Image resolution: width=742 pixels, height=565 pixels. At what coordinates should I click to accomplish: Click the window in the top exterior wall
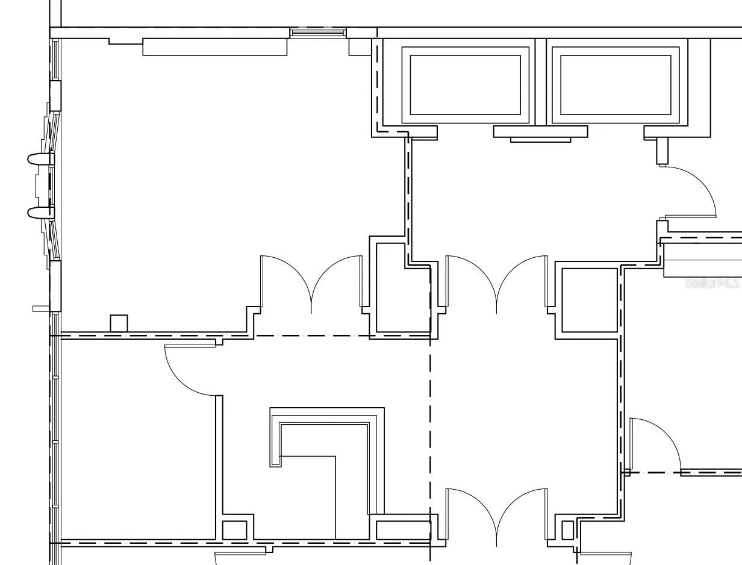click(x=318, y=33)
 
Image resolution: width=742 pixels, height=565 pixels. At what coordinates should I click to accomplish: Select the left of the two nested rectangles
click(x=465, y=85)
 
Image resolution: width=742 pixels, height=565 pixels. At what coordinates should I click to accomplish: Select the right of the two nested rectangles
click(x=616, y=85)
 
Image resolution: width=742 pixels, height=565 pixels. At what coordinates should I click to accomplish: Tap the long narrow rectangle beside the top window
click(x=215, y=47)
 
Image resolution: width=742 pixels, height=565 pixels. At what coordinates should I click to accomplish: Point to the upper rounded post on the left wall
click(x=40, y=159)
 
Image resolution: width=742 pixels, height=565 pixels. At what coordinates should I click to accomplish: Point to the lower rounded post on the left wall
click(x=40, y=213)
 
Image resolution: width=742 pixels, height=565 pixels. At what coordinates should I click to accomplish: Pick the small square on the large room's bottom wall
click(x=119, y=323)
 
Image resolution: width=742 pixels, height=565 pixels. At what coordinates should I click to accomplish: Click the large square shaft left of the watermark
click(x=590, y=300)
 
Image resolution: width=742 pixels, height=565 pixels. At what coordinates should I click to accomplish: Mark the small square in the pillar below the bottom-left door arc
click(x=235, y=530)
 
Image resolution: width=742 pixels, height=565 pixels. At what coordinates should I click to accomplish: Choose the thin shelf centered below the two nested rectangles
click(x=540, y=140)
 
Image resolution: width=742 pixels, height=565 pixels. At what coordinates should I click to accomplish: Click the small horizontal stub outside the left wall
click(x=41, y=308)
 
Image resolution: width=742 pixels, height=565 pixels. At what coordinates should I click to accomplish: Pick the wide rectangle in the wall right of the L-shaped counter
click(x=404, y=530)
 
